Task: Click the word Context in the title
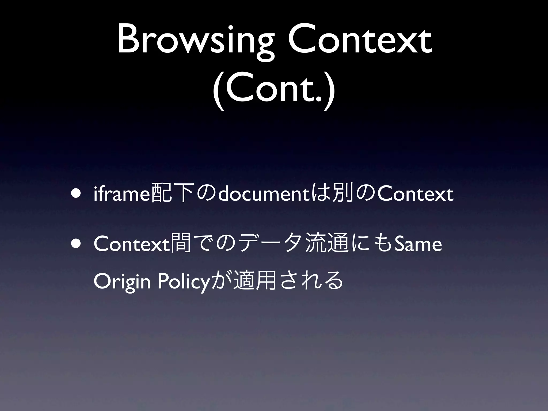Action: (x=360, y=40)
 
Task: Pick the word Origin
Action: (x=122, y=283)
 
